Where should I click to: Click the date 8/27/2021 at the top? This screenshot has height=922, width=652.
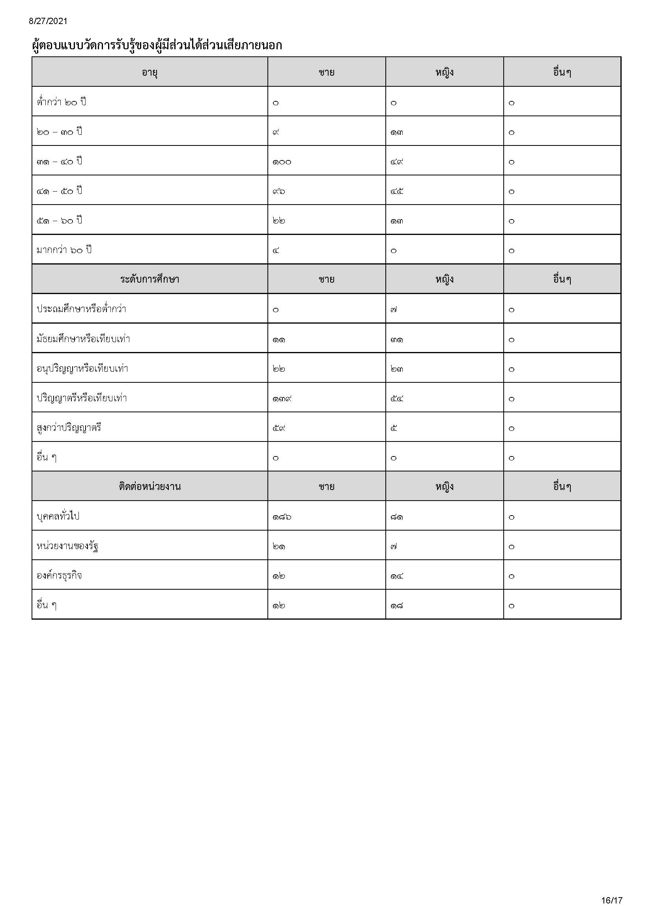pyautogui.click(x=48, y=21)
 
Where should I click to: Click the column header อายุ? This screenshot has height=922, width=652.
pyautogui.click(x=149, y=72)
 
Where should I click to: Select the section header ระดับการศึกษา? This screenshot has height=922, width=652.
pyautogui.click(x=149, y=279)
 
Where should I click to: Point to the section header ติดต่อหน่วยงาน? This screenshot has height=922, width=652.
pyautogui.click(x=149, y=486)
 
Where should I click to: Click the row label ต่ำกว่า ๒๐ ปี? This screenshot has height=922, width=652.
pyautogui.click(x=62, y=102)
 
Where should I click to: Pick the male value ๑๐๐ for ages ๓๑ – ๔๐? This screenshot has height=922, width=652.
pyautogui.click(x=282, y=162)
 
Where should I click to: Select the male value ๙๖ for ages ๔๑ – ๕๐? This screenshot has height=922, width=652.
pyautogui.click(x=279, y=192)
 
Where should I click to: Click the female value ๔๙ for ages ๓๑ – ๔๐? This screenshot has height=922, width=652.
pyautogui.click(x=397, y=162)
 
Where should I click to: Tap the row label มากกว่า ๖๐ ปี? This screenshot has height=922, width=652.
pyautogui.click(x=64, y=250)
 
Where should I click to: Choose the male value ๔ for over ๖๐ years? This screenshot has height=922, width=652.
pyautogui.click(x=276, y=251)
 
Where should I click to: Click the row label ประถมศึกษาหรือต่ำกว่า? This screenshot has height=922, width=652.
pyautogui.click(x=82, y=309)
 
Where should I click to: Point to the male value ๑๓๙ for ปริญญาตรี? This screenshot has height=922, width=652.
pyautogui.click(x=282, y=399)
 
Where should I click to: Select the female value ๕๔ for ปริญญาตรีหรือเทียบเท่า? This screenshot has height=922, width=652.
pyautogui.click(x=397, y=399)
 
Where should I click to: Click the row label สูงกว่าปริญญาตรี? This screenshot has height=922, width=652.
pyautogui.click(x=69, y=428)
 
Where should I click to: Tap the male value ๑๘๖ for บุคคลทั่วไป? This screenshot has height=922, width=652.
pyautogui.click(x=282, y=517)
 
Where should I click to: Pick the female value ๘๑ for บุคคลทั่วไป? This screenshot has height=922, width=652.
pyautogui.click(x=397, y=517)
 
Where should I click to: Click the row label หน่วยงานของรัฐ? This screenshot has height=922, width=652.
pyautogui.click(x=68, y=546)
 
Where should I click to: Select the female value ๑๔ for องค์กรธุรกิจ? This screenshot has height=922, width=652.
pyautogui.click(x=397, y=576)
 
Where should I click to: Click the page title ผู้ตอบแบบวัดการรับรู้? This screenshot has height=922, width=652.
pyautogui.click(x=157, y=45)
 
